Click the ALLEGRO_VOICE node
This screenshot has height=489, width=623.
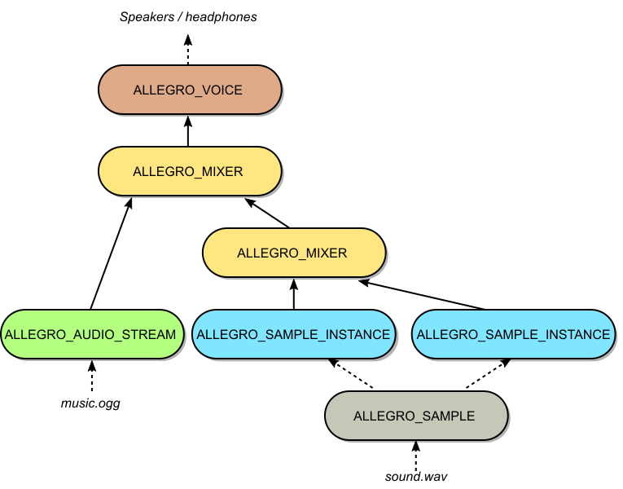pyautogui.click(x=189, y=90)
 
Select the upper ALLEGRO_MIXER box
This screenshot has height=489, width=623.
pyautogui.click(x=189, y=171)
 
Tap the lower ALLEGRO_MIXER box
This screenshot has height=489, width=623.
pyautogui.click(x=292, y=253)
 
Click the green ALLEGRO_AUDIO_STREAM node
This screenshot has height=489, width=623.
pyautogui.click(x=90, y=334)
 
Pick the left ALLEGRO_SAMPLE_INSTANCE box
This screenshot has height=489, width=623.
pyautogui.click(x=294, y=334)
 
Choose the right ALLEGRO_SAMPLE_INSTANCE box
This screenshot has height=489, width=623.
pyautogui.click(x=513, y=334)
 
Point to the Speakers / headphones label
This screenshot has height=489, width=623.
pyautogui.click(x=188, y=16)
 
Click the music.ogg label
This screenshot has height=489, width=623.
pyautogui.click(x=90, y=403)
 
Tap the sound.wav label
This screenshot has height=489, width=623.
pyautogui.click(x=415, y=475)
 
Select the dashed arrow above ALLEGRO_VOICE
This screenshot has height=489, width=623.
pyautogui.click(x=188, y=51)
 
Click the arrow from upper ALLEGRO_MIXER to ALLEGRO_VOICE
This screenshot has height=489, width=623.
pyautogui.click(x=188, y=130)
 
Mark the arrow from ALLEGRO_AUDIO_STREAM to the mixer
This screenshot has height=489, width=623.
pyautogui.click(x=110, y=254)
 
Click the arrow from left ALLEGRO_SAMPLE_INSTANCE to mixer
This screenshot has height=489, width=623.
pyautogui.click(x=294, y=293)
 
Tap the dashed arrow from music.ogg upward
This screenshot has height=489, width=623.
pyautogui.click(x=90, y=376)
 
